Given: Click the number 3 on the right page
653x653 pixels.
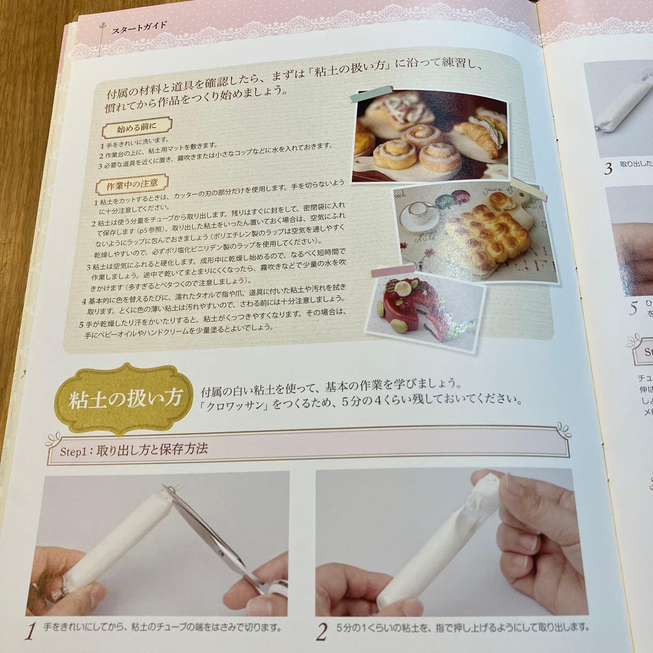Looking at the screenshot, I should pos(608,168).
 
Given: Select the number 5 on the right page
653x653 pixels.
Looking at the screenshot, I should pos(633,308).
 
